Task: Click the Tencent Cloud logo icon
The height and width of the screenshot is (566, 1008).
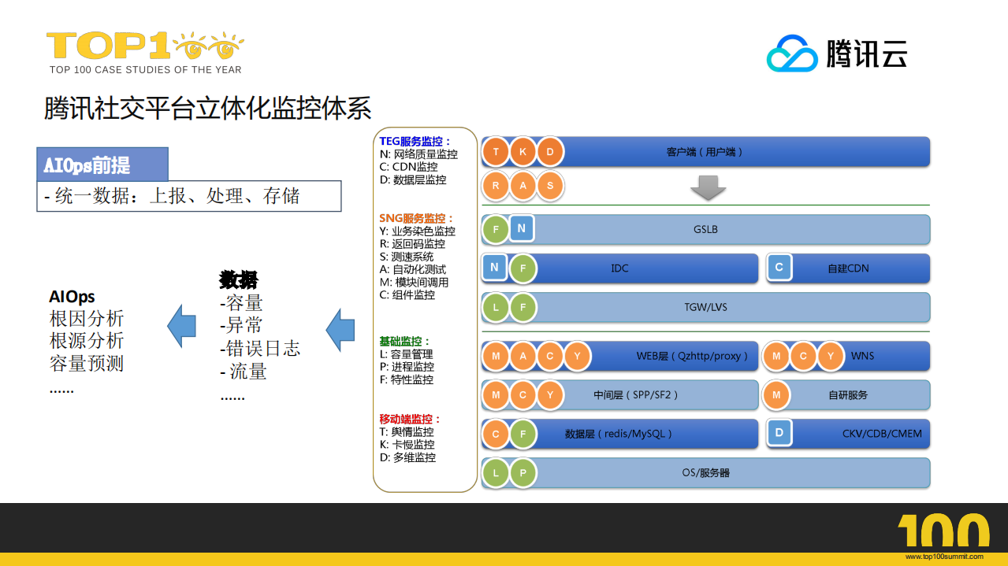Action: (793, 54)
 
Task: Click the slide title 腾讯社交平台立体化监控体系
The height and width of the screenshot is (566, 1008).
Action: (207, 108)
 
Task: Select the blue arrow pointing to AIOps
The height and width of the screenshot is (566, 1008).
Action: (181, 325)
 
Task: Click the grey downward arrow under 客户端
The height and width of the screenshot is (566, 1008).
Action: (707, 187)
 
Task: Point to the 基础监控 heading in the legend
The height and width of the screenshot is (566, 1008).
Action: (405, 342)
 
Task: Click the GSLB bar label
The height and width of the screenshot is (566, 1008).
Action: (705, 230)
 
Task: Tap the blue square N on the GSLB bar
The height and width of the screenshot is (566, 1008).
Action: (522, 229)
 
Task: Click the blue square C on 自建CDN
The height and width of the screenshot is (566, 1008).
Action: (779, 268)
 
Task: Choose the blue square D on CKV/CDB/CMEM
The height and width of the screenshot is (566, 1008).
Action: (779, 433)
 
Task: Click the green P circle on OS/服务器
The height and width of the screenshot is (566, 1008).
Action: (523, 473)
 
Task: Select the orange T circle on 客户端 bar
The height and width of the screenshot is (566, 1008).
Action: (496, 151)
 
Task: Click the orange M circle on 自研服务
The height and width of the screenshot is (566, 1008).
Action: (776, 395)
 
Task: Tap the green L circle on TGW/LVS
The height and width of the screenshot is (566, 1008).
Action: (496, 307)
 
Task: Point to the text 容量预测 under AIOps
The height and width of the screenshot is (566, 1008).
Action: (87, 364)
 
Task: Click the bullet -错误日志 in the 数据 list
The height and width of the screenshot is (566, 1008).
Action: (260, 348)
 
